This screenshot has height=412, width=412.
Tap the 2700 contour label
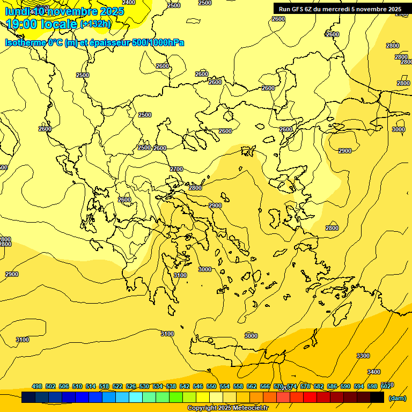[x=176, y=169]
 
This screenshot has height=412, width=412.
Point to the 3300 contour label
[x=363, y=356]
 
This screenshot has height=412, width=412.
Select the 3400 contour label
[x=374, y=372]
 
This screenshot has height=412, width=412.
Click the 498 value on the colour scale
[x=37, y=386]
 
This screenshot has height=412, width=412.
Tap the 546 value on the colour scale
[x=198, y=386]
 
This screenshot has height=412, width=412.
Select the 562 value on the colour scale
[x=252, y=386]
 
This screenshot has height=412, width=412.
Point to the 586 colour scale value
[x=332, y=386]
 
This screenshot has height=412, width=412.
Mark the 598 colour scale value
[x=372, y=386]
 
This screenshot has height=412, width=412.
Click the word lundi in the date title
[x=17, y=11]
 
